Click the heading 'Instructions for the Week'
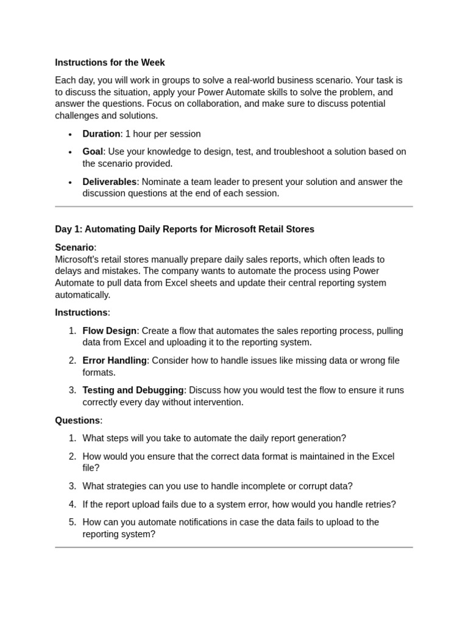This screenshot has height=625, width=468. (x=110, y=62)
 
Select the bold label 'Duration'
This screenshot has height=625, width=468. (x=101, y=134)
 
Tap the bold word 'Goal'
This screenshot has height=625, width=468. (x=93, y=151)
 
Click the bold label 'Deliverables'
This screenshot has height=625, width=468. (x=109, y=181)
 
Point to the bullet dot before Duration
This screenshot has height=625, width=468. (x=71, y=134)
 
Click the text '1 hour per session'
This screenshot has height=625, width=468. (x=163, y=134)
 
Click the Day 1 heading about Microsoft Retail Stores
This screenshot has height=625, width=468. (x=185, y=229)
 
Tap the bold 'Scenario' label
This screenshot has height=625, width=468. (x=74, y=247)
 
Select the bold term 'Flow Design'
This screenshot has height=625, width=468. (x=109, y=331)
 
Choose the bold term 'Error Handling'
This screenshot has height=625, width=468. (x=115, y=360)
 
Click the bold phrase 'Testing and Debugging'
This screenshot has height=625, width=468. (x=133, y=390)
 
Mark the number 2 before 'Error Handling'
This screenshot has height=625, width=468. (x=72, y=360)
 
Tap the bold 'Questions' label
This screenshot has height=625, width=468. (x=77, y=420)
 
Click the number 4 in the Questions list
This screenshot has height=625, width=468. (x=72, y=504)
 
